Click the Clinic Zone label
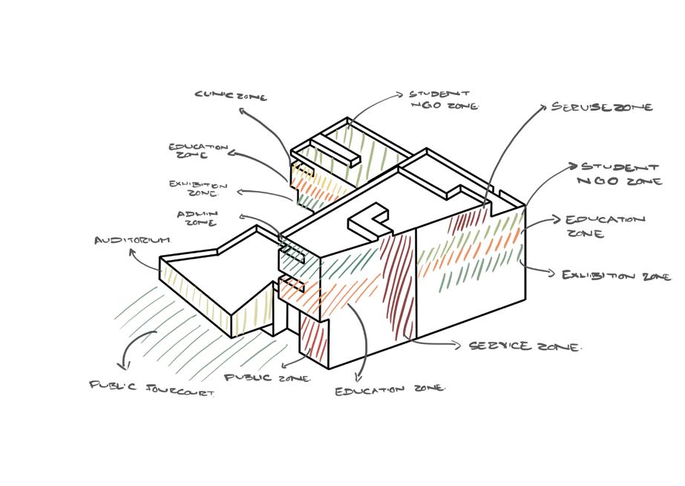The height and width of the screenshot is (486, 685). pyautogui.click(x=230, y=95)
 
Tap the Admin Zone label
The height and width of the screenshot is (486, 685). pyautogui.click(x=196, y=218)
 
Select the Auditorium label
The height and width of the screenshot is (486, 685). pyautogui.click(x=132, y=240)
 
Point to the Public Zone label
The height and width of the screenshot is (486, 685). pyautogui.click(x=267, y=378)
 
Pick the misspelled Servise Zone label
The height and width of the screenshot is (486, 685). pyautogui.click(x=601, y=107)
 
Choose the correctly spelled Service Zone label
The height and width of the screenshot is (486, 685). pyautogui.click(x=525, y=346)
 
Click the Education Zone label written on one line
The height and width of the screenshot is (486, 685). pyautogui.click(x=390, y=389)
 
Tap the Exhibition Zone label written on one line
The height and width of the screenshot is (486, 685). pyautogui.click(x=616, y=276)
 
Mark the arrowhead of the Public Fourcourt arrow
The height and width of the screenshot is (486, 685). pyautogui.click(x=126, y=365)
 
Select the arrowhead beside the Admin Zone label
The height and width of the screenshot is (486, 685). pyautogui.click(x=242, y=216)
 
